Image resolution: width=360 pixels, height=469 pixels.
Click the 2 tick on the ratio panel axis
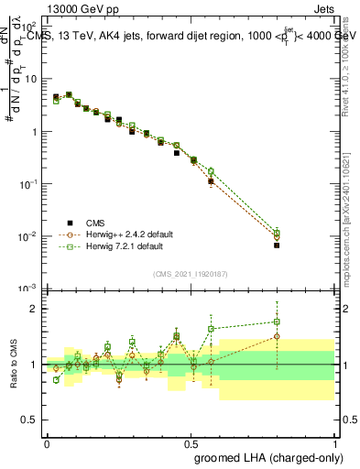pos(35,309)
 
